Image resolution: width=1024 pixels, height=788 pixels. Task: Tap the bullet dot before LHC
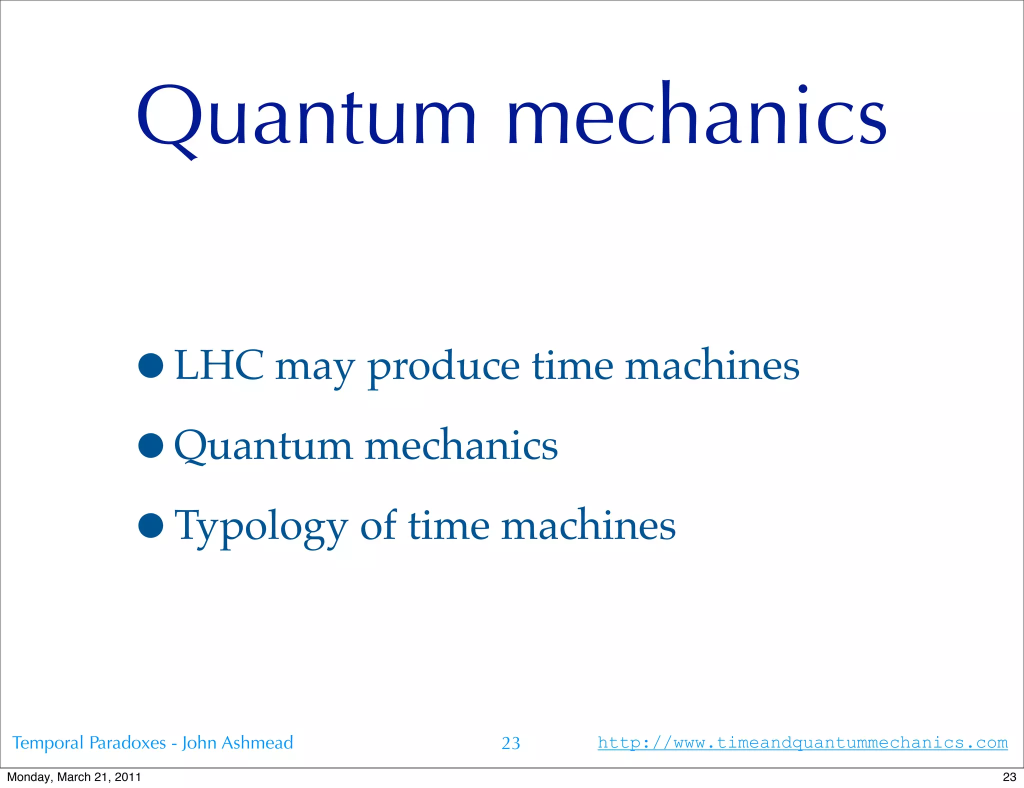pyautogui.click(x=151, y=365)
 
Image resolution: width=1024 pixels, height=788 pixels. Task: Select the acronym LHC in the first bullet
pyautogui.click(x=219, y=365)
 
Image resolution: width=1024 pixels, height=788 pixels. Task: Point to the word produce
pyautogui.click(x=443, y=368)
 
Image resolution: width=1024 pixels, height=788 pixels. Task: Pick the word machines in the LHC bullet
pyautogui.click(x=712, y=365)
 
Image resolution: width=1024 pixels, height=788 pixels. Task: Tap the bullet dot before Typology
pyautogui.click(x=151, y=525)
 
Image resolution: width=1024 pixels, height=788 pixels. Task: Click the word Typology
pyautogui.click(x=260, y=527)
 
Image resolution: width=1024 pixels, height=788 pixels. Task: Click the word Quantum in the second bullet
pyautogui.click(x=263, y=446)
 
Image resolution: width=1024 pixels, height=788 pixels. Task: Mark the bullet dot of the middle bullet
pyautogui.click(x=151, y=445)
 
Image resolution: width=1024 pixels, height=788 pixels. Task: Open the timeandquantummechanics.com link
pyautogui.click(x=802, y=742)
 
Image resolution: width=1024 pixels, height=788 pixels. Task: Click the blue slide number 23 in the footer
pyautogui.click(x=510, y=743)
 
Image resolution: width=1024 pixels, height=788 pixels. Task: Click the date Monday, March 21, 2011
pyautogui.click(x=74, y=777)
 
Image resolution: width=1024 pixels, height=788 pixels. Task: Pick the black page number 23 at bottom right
pyautogui.click(x=1009, y=777)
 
